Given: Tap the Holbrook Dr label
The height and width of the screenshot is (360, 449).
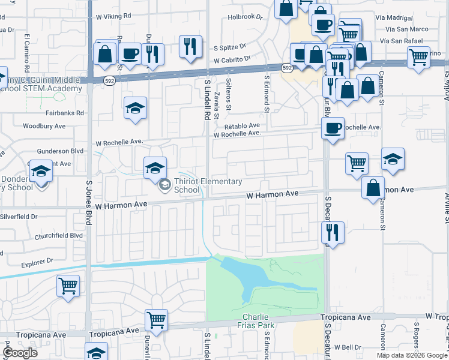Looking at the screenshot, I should (x=246, y=17).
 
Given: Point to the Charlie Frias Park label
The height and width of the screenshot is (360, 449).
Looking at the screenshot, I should (x=259, y=322).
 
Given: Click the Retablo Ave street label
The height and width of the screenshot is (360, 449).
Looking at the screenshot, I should (x=242, y=126).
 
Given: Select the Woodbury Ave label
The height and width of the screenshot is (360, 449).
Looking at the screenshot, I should (x=44, y=127).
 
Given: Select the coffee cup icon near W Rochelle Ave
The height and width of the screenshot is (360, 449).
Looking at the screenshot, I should (x=333, y=128).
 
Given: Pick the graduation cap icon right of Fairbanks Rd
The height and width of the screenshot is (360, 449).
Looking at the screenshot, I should (x=136, y=108).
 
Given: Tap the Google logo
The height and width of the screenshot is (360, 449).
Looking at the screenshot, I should (x=20, y=353).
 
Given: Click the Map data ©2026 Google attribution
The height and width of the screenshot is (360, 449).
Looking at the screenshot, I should (x=411, y=355).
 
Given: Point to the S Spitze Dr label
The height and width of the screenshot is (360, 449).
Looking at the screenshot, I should (x=231, y=46).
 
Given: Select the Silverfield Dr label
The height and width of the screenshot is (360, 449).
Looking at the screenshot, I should (x=19, y=216).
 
